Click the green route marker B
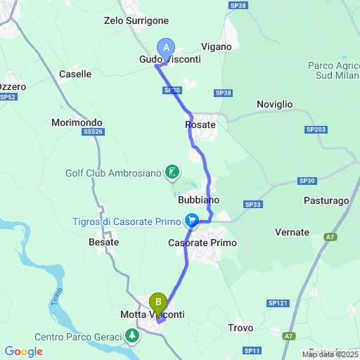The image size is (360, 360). pyautogui.click(x=158, y=303)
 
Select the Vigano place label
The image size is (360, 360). pyautogui.click(x=216, y=46)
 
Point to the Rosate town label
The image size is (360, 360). pyautogui.click(x=200, y=124)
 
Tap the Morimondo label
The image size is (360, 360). pyautogui.click(x=77, y=122)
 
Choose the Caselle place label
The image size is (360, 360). pyautogui.click(x=75, y=74)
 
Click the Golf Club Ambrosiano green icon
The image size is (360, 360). pyautogui.click(x=171, y=172)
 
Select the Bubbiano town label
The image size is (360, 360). pyautogui.click(x=199, y=200)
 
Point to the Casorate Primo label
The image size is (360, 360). pyautogui.click(x=202, y=243)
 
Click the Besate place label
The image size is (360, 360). pyautogui.click(x=103, y=241)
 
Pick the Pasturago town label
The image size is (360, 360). pyautogui.click(x=326, y=200)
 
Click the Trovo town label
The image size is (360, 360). pyautogui.click(x=240, y=328)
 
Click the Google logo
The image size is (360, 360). pyautogui.click(x=23, y=352)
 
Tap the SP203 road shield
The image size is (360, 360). pyautogui.click(x=316, y=130)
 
